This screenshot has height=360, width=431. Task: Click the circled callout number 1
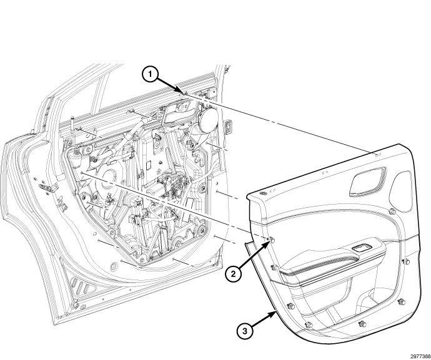pyautogui.click(x=150, y=74)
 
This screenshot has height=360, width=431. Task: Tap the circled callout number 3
pyautogui.click(x=245, y=331)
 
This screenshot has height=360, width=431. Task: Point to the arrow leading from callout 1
pyautogui.click(x=170, y=85)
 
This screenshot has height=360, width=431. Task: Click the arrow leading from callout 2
pyautogui.click(x=254, y=255)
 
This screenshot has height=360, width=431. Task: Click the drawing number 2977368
pyautogui.click(x=420, y=357)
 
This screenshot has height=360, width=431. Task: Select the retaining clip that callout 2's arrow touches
pyautogui.click(x=272, y=240)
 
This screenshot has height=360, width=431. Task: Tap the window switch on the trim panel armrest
pyautogui.click(x=361, y=248)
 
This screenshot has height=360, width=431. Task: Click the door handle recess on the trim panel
pyautogui.click(x=368, y=181)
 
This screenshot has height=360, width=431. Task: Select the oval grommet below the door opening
pyautogui.click(x=113, y=266)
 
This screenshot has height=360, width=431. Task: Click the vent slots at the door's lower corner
pyautogui.click(x=82, y=286)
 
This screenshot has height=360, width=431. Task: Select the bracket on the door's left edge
pyautogui.click(x=49, y=188)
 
